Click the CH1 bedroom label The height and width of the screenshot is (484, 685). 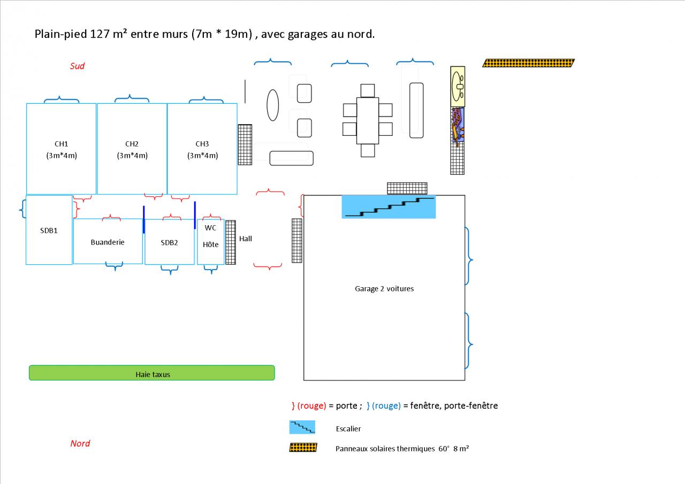coord(62,144)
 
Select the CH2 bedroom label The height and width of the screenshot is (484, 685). coord(132,144)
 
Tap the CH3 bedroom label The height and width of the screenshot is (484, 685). coord(202,144)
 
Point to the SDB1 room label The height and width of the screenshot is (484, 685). coord(49,231)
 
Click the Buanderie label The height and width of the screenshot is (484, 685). coord(108,242)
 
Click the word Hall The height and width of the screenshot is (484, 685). coord(246,239)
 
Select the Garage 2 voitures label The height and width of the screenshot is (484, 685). coord(384,289)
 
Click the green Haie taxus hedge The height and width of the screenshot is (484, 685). coord(152,373)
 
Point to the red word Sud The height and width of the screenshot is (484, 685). coord(78,66)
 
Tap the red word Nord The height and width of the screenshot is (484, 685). coord(80,443)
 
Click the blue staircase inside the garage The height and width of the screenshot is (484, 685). coord(389,207)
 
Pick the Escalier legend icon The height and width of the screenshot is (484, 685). coord(302,427)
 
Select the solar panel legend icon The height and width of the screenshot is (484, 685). coord(303,448)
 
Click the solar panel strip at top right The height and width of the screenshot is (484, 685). coord(528,63)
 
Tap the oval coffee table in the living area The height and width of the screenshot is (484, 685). coord(273,105)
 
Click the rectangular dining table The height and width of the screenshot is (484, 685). coord(368,120)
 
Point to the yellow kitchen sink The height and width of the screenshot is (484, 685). coord(458,84)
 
